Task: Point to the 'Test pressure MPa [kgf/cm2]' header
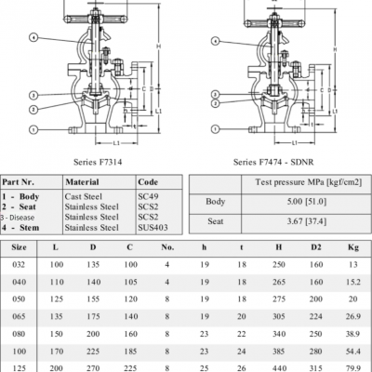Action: tap(299, 181)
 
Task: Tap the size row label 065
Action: tap(19, 318)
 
